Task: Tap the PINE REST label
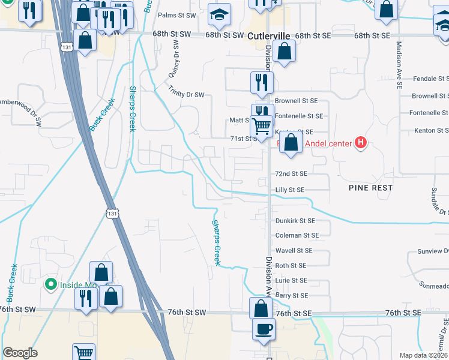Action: [x=371, y=188]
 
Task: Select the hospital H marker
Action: [x=360, y=143]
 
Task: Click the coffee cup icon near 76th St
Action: [x=262, y=329]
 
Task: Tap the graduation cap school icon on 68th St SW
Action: [x=219, y=16]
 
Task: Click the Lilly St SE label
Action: [x=290, y=190]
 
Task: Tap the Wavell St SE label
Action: [x=293, y=251]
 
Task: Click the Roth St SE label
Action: [x=291, y=265]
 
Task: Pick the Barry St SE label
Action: [x=291, y=295]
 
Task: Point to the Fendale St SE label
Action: [x=426, y=79]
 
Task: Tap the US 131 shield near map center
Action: [x=112, y=214]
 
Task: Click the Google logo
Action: [x=20, y=353]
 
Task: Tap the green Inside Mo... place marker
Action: [x=52, y=284]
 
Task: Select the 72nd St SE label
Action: [x=291, y=173]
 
